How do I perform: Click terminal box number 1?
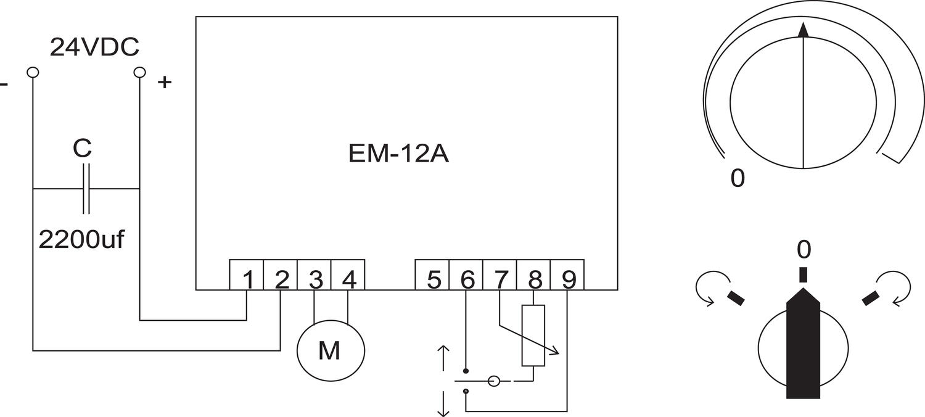(247, 275)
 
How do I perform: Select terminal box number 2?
(281, 275)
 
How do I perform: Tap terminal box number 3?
(315, 275)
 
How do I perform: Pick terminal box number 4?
(348, 275)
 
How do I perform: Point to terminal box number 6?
(467, 275)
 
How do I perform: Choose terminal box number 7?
(500, 275)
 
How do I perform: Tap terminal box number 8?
(534, 275)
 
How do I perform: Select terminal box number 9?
(568, 275)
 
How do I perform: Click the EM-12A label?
(398, 154)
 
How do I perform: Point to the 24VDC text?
(94, 47)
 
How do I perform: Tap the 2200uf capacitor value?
(81, 239)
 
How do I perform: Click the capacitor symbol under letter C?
(86, 188)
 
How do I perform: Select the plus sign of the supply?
(164, 82)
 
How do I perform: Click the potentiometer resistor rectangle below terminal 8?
(533, 336)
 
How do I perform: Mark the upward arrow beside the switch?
(443, 358)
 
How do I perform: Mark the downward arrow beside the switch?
(443, 404)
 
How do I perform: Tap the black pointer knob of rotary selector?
(803, 345)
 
